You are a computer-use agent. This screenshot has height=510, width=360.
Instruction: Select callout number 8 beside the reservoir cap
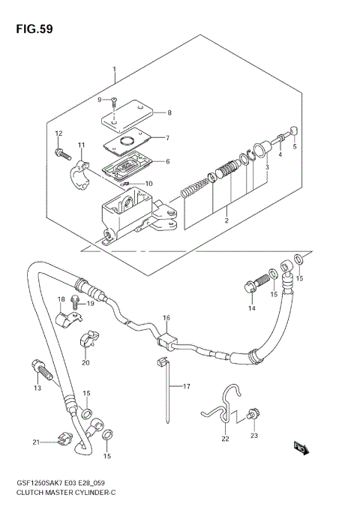pyautogui.click(x=169, y=113)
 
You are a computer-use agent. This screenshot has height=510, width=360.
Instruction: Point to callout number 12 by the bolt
pyautogui.click(x=58, y=133)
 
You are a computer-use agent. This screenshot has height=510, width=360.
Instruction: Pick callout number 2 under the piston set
pyautogui.click(x=225, y=220)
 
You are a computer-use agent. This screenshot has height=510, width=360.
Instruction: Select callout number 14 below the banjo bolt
pyautogui.click(x=252, y=307)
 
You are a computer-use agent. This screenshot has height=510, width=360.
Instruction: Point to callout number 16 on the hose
pyautogui.click(x=166, y=317)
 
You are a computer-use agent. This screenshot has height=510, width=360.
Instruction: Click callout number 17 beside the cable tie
pyautogui.click(x=187, y=387)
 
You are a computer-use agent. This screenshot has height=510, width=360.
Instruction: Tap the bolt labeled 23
pyautogui.click(x=251, y=412)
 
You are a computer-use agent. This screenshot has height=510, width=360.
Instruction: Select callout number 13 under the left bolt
pyautogui.click(x=35, y=388)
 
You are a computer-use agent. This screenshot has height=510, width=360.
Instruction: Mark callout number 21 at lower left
pyautogui.click(x=36, y=442)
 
